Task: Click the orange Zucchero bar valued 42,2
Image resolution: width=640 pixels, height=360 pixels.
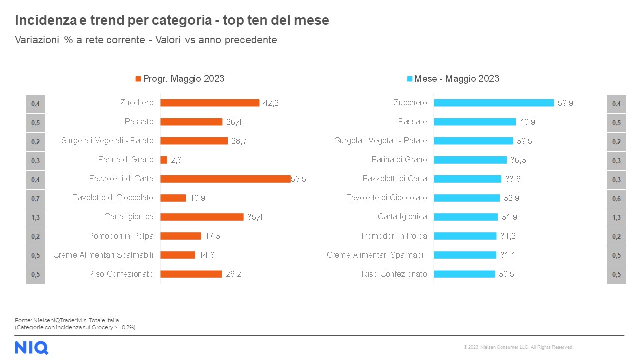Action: (x=210, y=103)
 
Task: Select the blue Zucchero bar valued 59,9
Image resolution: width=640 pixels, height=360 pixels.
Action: (x=494, y=103)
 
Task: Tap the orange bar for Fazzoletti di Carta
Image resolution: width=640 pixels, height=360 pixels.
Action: (x=225, y=179)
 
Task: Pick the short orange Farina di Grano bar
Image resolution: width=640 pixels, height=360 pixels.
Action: (x=164, y=160)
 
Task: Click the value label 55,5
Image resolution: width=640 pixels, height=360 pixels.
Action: (x=298, y=179)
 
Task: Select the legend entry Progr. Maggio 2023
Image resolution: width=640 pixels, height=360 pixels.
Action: (x=180, y=79)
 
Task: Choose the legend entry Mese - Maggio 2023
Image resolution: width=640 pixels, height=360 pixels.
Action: (x=453, y=79)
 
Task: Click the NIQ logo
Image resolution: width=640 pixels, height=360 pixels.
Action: (x=31, y=347)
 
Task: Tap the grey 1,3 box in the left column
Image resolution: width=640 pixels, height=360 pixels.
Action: (x=35, y=217)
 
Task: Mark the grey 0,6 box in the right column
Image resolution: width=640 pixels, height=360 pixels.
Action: (x=616, y=198)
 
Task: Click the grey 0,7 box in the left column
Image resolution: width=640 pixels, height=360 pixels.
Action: (x=35, y=198)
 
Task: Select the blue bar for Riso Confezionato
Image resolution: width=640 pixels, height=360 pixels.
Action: (x=464, y=274)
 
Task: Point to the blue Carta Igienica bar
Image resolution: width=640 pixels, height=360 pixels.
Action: (x=466, y=217)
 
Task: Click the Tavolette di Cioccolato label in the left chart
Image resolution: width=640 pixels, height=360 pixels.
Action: (x=113, y=198)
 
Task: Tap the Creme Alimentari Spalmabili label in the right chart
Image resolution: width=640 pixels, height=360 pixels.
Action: (x=377, y=255)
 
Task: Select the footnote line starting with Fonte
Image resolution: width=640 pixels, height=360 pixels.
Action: (x=67, y=320)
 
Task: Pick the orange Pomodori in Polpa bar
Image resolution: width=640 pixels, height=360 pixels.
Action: (x=181, y=236)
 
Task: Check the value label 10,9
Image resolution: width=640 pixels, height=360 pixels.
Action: (x=197, y=198)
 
